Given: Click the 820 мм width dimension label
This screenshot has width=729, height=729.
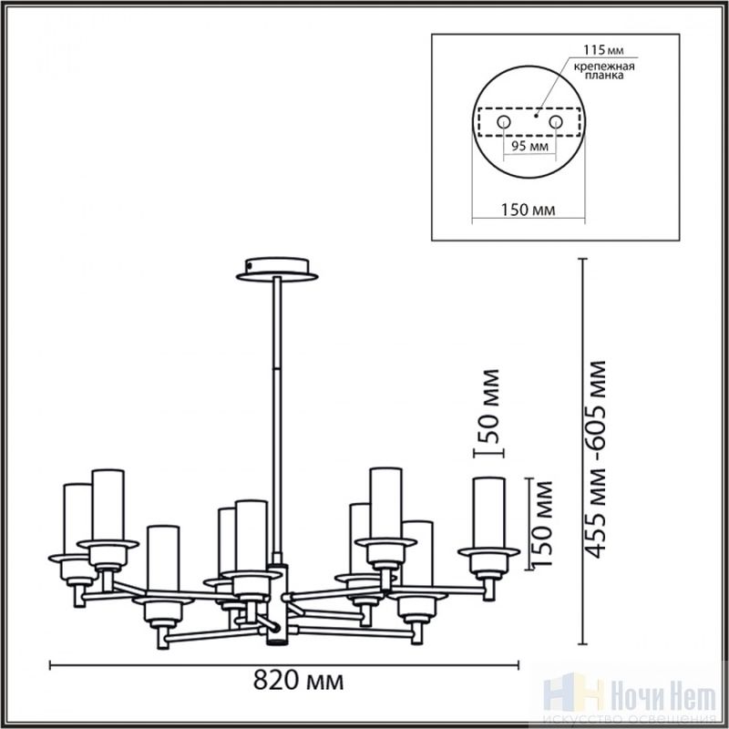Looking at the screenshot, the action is pyautogui.click(x=299, y=681).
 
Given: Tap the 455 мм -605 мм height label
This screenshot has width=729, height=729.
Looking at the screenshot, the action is pyautogui.click(x=596, y=459).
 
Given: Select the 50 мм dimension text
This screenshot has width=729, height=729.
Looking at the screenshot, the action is pyautogui.click(x=489, y=406).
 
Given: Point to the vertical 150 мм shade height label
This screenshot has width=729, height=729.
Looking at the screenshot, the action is pyautogui.click(x=542, y=523).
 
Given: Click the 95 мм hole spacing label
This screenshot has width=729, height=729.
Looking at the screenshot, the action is pyautogui.click(x=529, y=146).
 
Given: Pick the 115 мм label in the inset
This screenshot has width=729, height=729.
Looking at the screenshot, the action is pyautogui.click(x=603, y=49).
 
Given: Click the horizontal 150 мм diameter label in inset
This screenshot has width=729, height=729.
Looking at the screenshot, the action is pyautogui.click(x=528, y=210).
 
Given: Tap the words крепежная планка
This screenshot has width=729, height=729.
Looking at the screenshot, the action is pyautogui.click(x=604, y=71).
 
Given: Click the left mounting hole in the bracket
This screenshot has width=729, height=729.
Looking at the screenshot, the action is pyautogui.click(x=504, y=122).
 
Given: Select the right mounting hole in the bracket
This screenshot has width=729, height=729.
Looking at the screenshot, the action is pyautogui.click(x=556, y=122).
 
